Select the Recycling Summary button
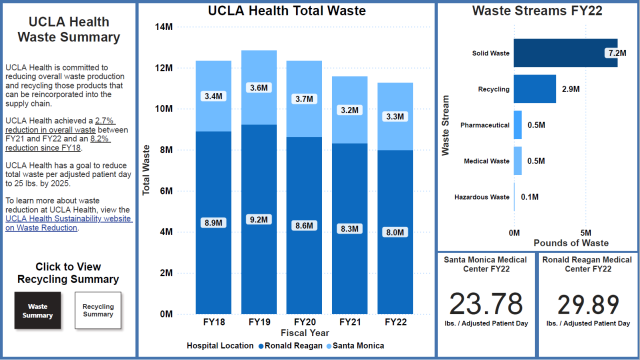[x=97, y=310]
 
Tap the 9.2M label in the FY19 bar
[x=258, y=219]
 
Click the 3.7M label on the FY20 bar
[x=304, y=99]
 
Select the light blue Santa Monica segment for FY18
[x=213, y=96]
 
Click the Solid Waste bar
[x=558, y=52]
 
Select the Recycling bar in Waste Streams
[x=535, y=89]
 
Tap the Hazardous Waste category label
[x=481, y=197]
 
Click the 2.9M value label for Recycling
[x=570, y=89]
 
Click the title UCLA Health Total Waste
[x=286, y=11]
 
